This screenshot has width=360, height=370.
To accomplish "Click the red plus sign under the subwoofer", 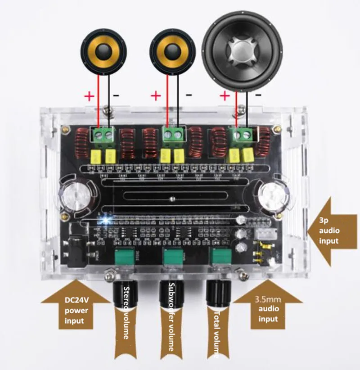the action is point(224,95).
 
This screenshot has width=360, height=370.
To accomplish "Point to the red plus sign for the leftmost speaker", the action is point(89,95).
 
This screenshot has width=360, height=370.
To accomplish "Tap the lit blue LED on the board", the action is point(107,220).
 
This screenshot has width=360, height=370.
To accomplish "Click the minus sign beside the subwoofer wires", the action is point(258,95).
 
